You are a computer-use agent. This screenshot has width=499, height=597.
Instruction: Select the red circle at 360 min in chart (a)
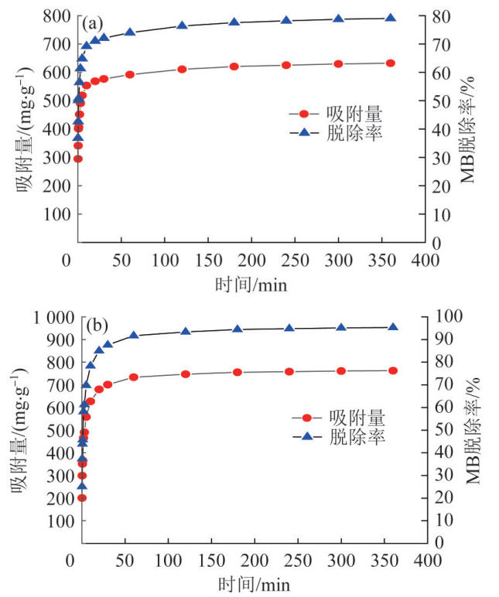click(x=391, y=63)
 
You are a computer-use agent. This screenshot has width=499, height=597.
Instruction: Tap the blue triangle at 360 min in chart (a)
click(x=391, y=19)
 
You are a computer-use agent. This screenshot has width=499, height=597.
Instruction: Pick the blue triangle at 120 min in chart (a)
click(x=182, y=26)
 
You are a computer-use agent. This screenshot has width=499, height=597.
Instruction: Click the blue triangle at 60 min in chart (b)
click(x=134, y=335)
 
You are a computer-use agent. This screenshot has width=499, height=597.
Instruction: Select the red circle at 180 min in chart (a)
click(x=234, y=67)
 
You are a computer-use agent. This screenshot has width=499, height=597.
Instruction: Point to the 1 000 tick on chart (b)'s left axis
click(x=47, y=316)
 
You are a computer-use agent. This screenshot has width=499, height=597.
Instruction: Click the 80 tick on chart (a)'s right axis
click(x=439, y=16)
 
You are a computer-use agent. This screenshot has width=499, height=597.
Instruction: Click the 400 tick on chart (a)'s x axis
click(x=422, y=260)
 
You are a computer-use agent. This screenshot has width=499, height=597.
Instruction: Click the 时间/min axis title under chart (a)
click(x=251, y=284)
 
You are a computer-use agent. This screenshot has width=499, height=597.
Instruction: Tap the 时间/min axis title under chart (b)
click(x=251, y=582)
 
